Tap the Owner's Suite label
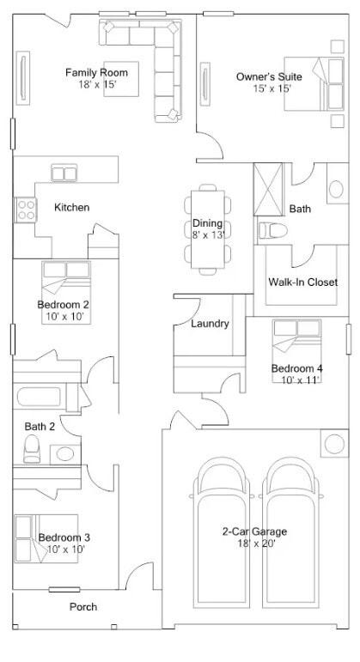[x=269, y=76]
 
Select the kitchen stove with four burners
[x=25, y=207]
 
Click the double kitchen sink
[x=64, y=173]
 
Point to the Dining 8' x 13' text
[x=207, y=229]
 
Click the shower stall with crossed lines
[x=269, y=189]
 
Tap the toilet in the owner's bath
[x=273, y=230]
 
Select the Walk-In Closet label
[x=302, y=282]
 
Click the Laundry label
[x=210, y=324]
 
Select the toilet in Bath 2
[x=33, y=446]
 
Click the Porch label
[x=83, y=607]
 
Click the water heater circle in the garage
[x=333, y=444]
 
